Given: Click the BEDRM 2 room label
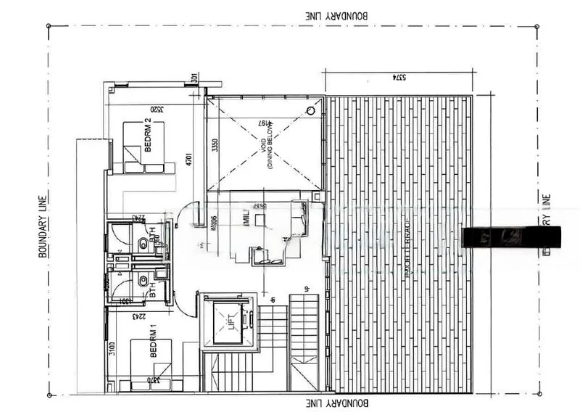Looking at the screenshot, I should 147,135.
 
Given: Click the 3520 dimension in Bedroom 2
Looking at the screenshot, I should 154,111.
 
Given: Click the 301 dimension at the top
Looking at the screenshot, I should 194,78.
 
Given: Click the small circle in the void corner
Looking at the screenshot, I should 310,111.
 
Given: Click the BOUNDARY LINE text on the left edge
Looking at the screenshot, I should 43,225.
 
